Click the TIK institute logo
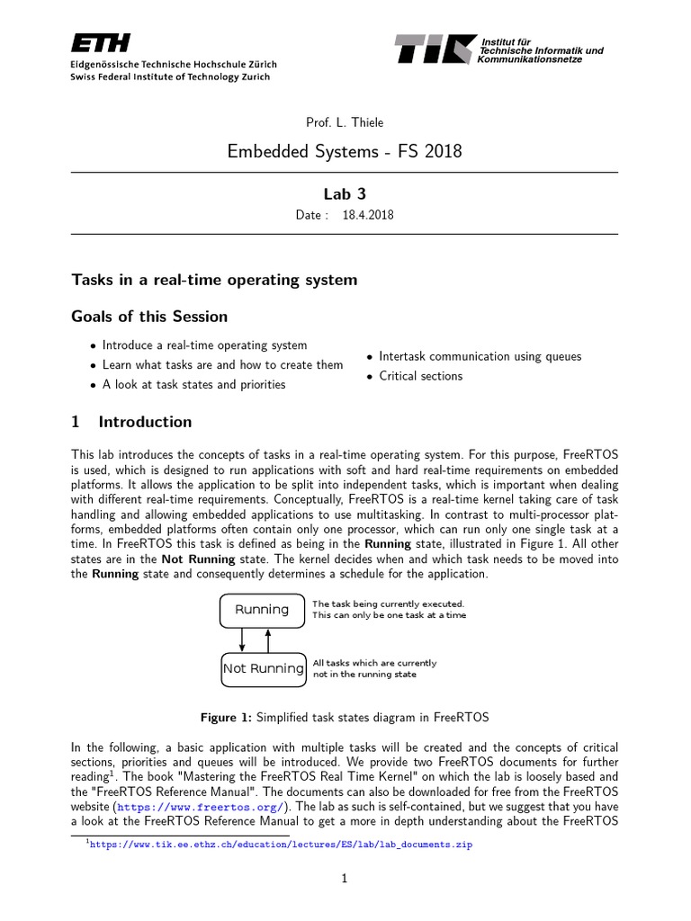click(435, 49)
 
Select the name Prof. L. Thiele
click(345, 122)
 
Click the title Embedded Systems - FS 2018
click(345, 151)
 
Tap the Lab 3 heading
click(345, 194)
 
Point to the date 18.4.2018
click(368, 216)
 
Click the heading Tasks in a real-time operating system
click(214, 280)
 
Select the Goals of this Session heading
click(149, 317)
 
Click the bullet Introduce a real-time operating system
click(204, 345)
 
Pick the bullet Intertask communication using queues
click(480, 356)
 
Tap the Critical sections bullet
click(420, 376)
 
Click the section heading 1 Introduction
click(131, 422)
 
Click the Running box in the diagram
click(262, 610)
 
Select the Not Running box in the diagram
click(263, 668)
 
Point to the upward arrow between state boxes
click(268, 639)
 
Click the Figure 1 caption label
click(226, 717)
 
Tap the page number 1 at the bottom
click(345, 880)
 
